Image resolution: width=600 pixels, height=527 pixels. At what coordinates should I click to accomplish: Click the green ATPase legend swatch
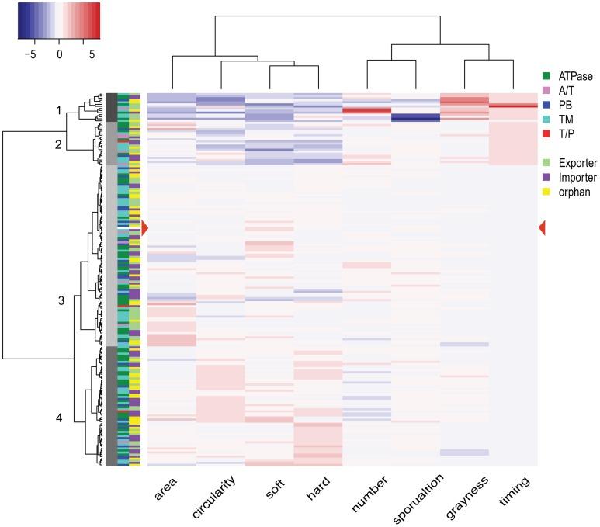(546, 75)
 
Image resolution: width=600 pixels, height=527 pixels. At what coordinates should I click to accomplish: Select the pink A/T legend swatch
(546, 89)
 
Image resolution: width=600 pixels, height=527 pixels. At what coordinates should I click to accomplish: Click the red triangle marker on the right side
(542, 227)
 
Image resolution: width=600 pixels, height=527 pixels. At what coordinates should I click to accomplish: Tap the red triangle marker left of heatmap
(144, 227)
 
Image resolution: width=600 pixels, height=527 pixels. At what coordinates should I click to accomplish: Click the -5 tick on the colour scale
(32, 55)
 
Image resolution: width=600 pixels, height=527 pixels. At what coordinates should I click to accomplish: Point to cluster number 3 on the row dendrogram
(61, 300)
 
